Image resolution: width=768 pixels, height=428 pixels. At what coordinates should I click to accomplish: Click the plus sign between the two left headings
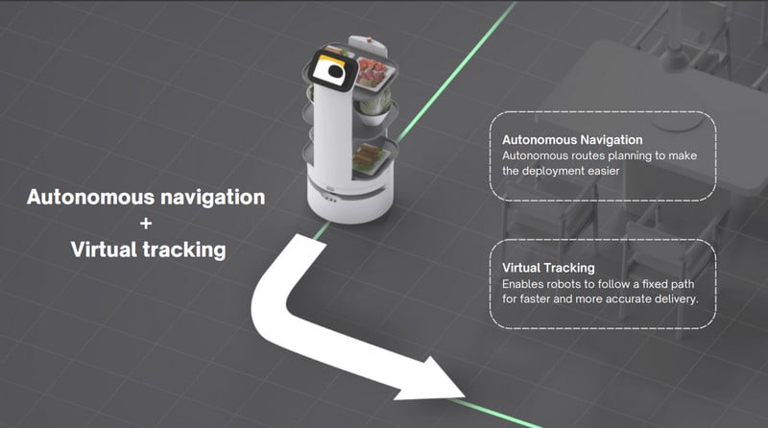pyautogui.click(x=145, y=224)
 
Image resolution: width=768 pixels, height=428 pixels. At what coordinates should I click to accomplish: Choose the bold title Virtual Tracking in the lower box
pyautogui.click(x=548, y=267)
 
